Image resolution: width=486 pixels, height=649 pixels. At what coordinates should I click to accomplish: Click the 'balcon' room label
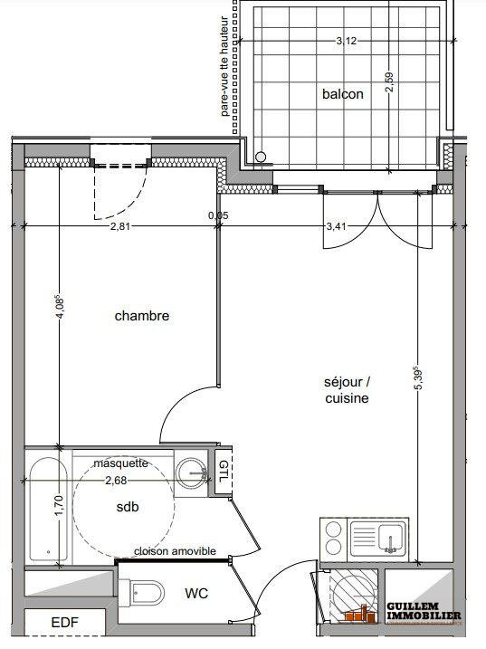coord(343,93)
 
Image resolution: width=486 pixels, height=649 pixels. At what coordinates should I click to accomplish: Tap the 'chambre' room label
coord(142,316)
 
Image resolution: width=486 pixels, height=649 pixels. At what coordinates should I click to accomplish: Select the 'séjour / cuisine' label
coord(345,390)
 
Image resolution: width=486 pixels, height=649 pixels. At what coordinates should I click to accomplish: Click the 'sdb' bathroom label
coord(127,507)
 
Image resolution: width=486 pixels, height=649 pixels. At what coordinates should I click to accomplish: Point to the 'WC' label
coord(198,594)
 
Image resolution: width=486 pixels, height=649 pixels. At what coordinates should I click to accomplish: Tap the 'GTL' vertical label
coord(224,472)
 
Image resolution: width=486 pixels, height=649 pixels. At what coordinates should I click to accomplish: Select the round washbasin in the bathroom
coord(193,471)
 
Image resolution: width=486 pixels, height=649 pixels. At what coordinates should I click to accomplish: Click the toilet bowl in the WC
coord(147,594)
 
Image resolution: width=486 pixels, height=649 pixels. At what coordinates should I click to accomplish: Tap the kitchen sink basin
coord(389,542)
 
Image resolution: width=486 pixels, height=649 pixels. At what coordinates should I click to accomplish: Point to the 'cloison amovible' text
coord(175,551)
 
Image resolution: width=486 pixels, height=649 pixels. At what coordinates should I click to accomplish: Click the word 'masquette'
coord(121,463)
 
